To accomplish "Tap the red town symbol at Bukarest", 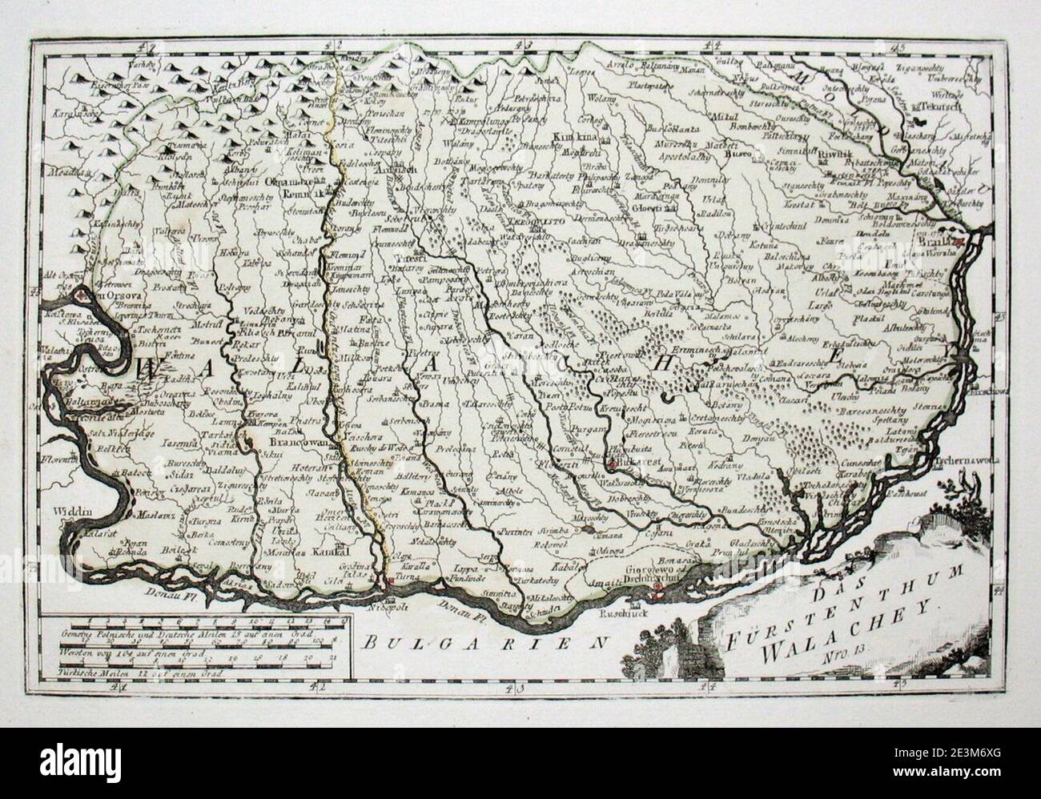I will pyautogui.click(x=613, y=464).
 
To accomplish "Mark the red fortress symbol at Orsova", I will pyautogui.click(x=81, y=296).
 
